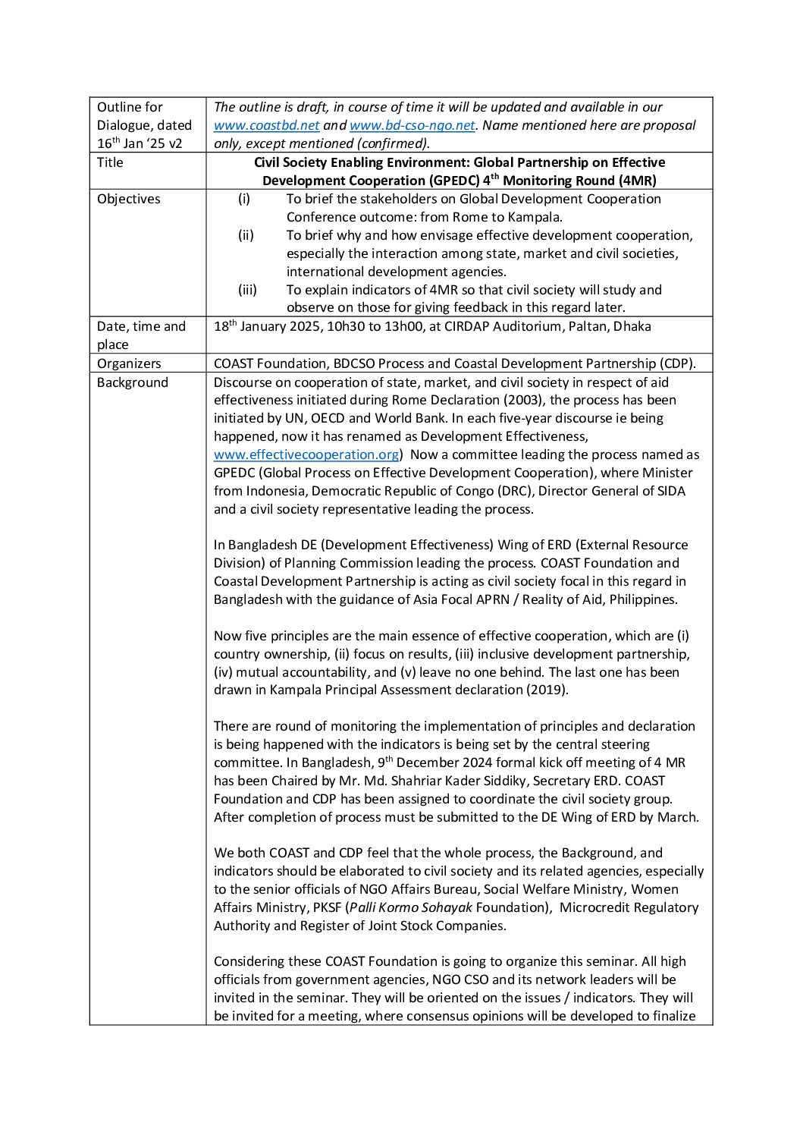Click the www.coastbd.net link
266,125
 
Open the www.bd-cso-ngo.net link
412,125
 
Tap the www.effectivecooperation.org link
306,454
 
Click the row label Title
110,162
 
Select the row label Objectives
128,199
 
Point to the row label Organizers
129,363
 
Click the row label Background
132,382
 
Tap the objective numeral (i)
243,199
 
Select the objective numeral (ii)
246,235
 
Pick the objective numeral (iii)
247,290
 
